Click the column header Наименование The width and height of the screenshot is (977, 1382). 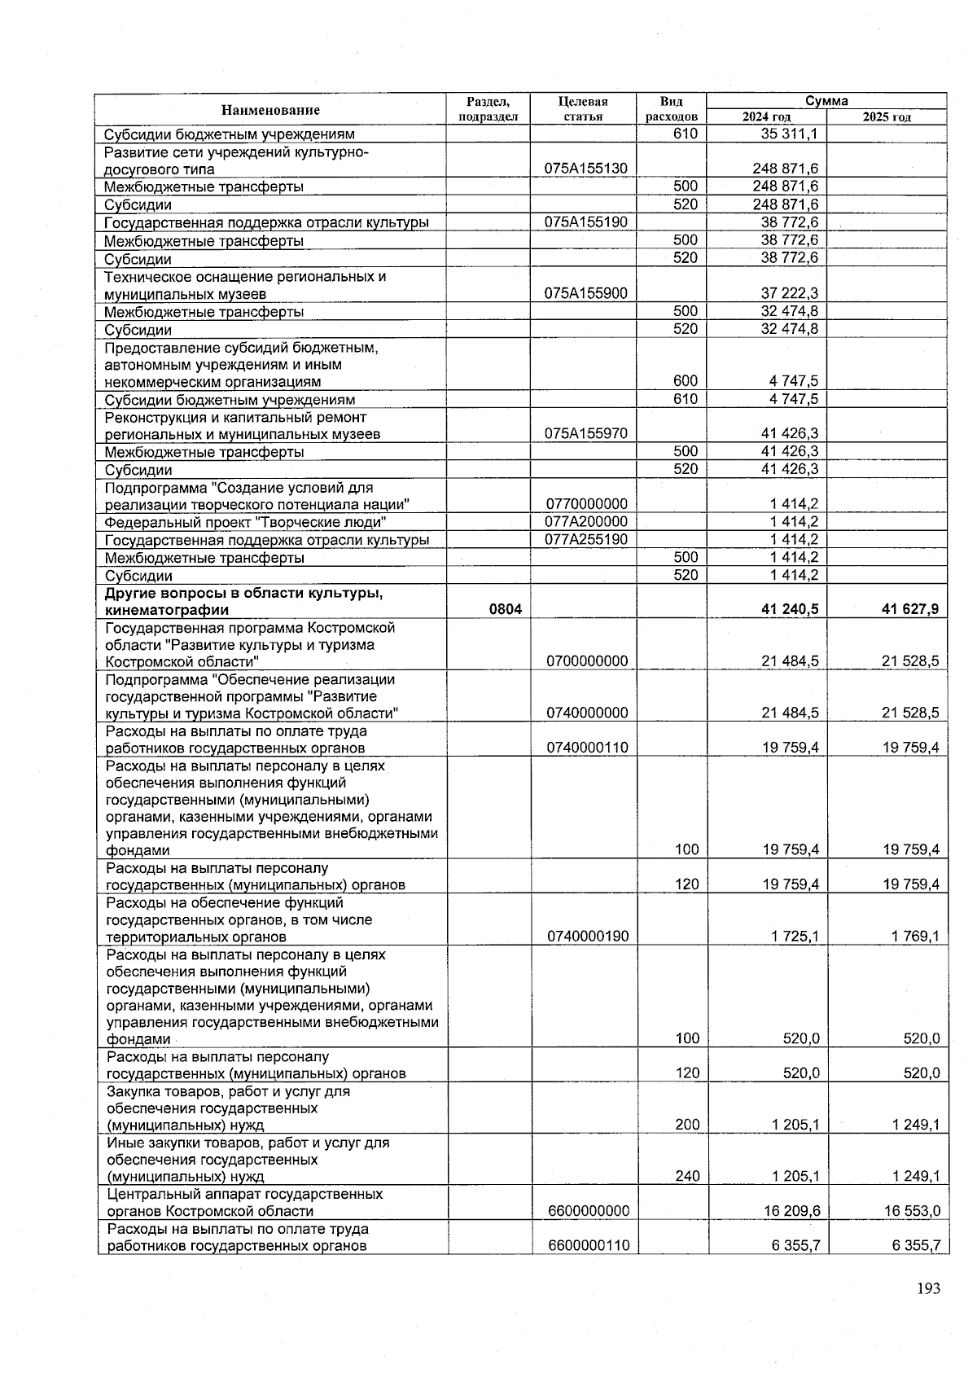270,110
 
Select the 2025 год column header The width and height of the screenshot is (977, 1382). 887,117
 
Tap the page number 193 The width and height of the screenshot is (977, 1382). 928,1288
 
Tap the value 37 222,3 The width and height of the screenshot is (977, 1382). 789,293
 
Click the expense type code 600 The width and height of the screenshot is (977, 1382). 686,381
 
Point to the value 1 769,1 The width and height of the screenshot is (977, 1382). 914,937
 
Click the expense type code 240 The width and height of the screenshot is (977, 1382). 686,1176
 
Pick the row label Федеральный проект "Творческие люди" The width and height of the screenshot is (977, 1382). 245,522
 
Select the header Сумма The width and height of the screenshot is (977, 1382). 826,101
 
